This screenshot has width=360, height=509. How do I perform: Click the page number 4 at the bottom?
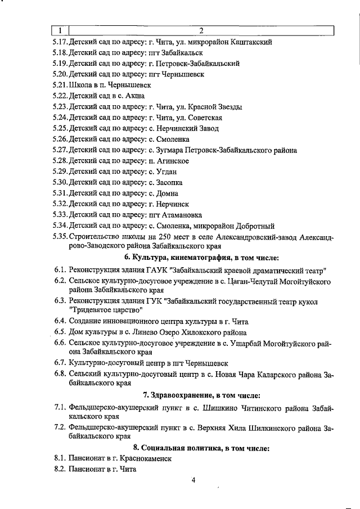tap(192, 480)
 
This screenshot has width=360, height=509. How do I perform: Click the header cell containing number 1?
tap(60, 30)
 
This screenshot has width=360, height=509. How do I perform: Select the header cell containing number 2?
tap(201, 30)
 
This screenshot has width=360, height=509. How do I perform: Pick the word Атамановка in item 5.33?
tap(185, 215)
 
